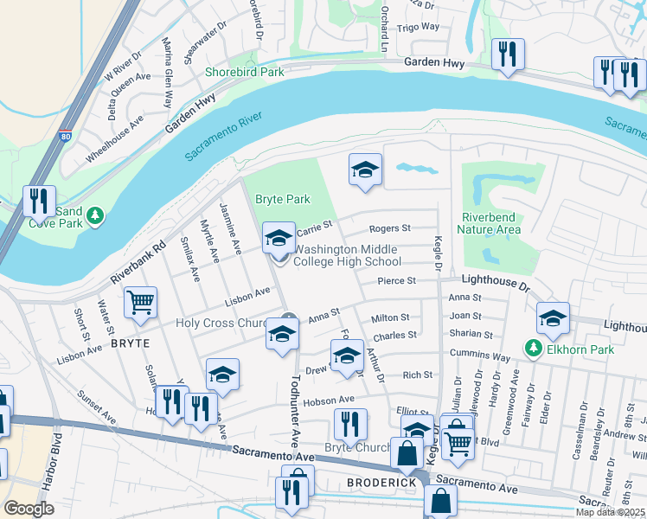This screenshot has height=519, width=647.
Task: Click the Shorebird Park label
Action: (244, 73)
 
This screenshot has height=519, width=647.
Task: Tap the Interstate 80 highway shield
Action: (67, 136)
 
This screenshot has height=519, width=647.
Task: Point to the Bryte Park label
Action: (282, 199)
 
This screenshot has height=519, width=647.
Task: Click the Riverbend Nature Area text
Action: (492, 223)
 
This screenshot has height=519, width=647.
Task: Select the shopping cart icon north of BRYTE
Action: (140, 303)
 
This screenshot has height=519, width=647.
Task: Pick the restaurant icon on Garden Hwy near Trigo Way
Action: (507, 54)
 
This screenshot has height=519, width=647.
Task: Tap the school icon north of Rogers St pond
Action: (365, 169)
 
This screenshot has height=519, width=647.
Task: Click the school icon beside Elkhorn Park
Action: (553, 318)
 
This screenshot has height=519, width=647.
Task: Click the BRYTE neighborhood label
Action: (131, 343)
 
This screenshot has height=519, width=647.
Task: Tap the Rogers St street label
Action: (389, 229)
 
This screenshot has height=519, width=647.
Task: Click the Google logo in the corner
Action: (29, 508)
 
